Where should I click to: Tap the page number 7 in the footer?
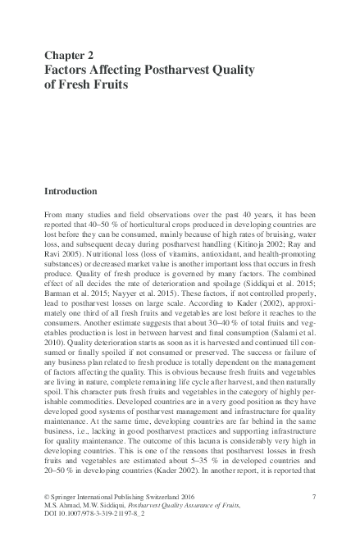314,498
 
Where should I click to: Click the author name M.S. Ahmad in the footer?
64,507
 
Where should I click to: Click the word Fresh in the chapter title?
71,84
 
